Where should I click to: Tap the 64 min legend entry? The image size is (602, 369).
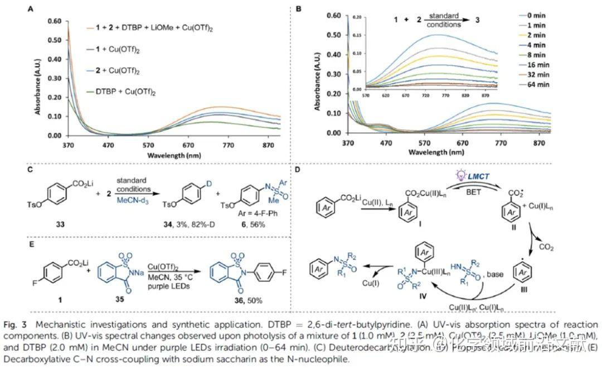538,84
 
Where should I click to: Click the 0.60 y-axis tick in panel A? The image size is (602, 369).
54,21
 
